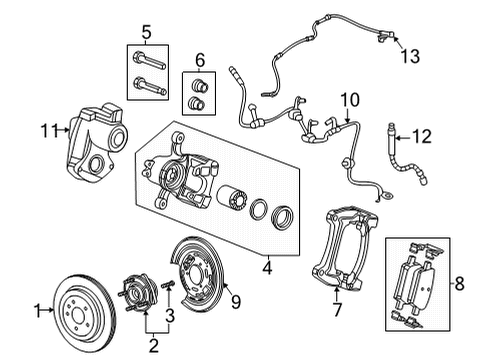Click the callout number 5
pos(147,31)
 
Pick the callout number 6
pos(198,59)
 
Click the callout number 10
pos(348,100)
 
